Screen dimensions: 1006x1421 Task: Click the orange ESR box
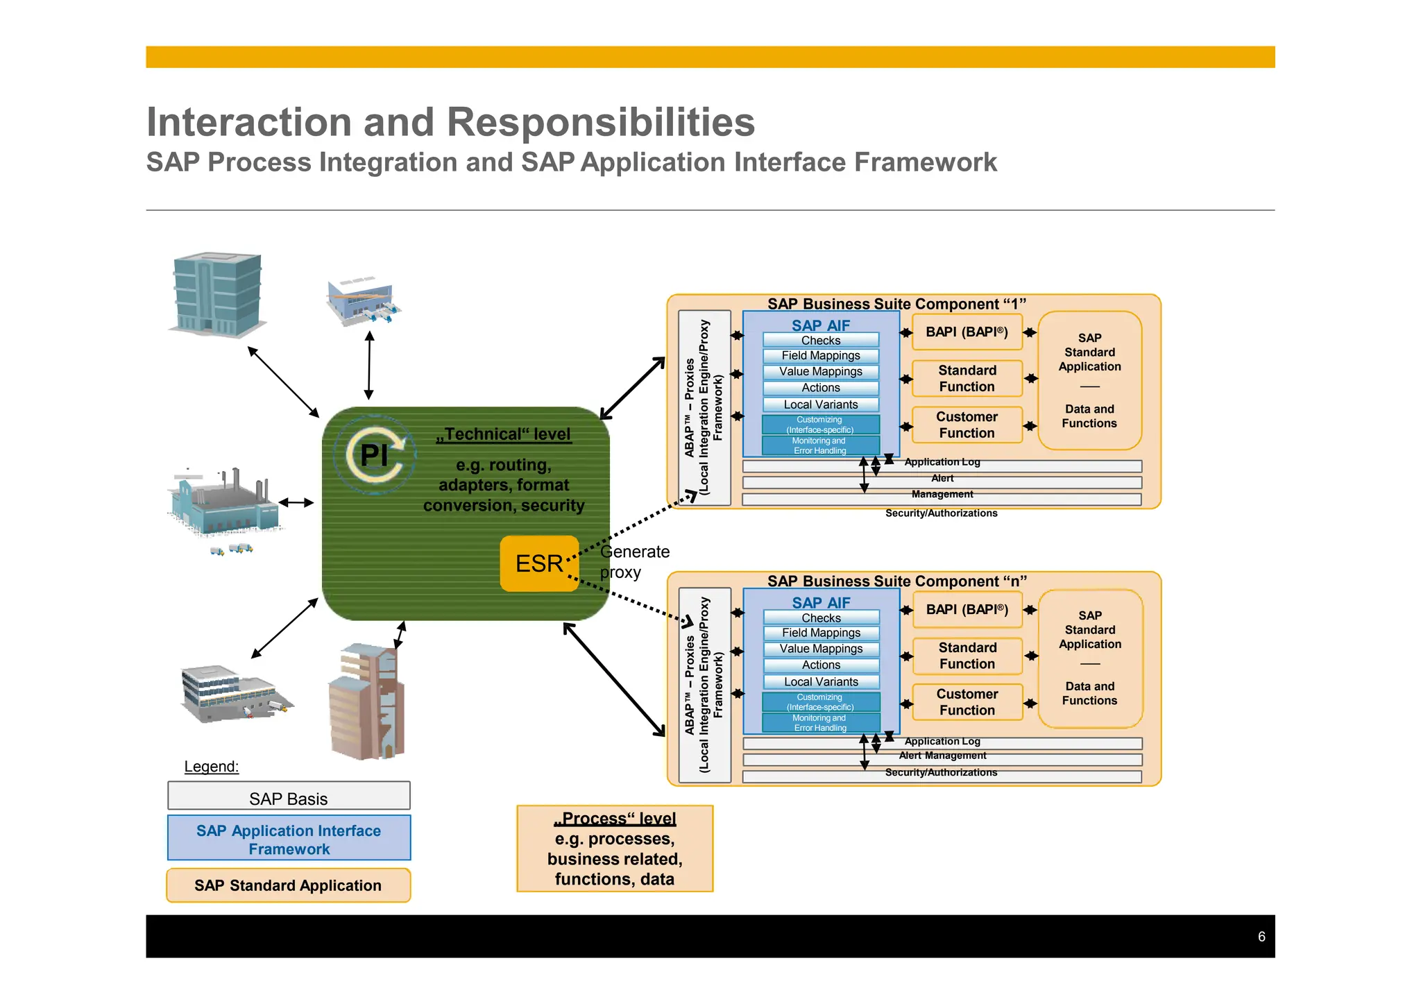tap(539, 563)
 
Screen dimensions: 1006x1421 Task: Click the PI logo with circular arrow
tap(375, 455)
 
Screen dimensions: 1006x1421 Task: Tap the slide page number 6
tap(1261, 937)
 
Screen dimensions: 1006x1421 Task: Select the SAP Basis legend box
tap(289, 796)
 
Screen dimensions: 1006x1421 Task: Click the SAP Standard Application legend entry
tap(288, 885)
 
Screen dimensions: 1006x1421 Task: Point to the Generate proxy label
tap(634, 562)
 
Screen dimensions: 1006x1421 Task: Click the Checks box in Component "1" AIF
tap(821, 340)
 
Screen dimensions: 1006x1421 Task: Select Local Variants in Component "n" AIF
tap(821, 682)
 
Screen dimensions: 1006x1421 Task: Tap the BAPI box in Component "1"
tap(967, 332)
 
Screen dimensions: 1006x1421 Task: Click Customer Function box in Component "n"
tap(967, 702)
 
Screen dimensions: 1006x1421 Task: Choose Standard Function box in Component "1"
tap(967, 378)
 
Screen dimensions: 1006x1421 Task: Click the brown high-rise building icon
tap(366, 701)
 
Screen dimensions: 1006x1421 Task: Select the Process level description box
tap(615, 849)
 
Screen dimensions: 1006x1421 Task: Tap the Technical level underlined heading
tap(504, 434)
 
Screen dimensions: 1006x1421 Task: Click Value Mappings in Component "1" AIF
tap(821, 371)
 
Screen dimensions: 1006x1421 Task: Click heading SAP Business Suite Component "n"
tap(896, 581)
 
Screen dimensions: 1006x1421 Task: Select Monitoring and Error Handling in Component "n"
tap(821, 723)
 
